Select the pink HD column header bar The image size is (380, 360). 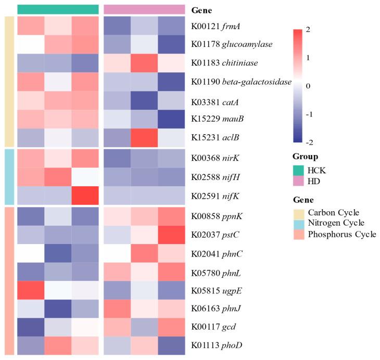[144, 9]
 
